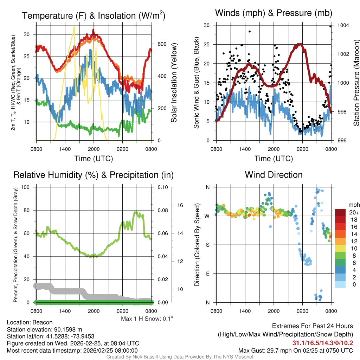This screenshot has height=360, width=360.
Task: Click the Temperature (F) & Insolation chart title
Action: coord(94,15)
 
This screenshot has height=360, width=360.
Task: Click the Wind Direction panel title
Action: coord(274,175)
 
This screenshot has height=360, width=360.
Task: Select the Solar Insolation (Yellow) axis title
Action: coord(174,83)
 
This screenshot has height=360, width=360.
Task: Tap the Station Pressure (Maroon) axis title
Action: coord(356,83)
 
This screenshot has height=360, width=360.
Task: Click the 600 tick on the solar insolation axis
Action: coord(162,44)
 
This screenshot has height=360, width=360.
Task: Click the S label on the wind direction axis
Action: coord(207,245)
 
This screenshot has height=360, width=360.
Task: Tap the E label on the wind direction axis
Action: coord(207,274)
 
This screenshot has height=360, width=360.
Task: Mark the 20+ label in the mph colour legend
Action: coord(353,212)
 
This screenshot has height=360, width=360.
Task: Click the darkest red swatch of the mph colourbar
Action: coord(340,212)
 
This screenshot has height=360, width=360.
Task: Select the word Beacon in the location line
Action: coord(44,322)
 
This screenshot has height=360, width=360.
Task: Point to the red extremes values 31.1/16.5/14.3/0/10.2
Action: coord(322,343)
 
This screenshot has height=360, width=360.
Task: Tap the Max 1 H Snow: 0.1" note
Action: coord(147,319)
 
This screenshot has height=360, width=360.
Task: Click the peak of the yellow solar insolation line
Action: coord(74,26)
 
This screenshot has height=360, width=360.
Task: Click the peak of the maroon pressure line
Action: coord(300,44)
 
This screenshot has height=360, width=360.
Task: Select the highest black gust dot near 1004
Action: coord(330,26)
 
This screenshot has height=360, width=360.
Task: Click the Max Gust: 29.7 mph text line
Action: coord(296,350)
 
